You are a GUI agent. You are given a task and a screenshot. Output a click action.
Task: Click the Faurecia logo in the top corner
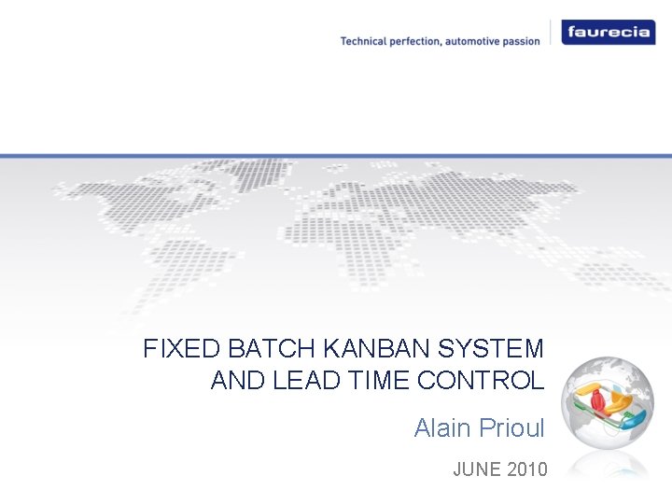tap(607, 33)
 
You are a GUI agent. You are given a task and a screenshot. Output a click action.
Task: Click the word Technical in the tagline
tap(366, 41)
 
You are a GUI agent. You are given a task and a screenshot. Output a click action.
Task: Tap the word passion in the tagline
tap(519, 41)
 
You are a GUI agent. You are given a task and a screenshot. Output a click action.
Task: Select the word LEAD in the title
tap(302, 381)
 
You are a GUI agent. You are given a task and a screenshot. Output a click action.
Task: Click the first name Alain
tap(443, 428)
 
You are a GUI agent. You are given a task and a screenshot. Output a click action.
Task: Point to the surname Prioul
tap(511, 428)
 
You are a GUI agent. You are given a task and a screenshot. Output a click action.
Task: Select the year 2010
tap(528, 469)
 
